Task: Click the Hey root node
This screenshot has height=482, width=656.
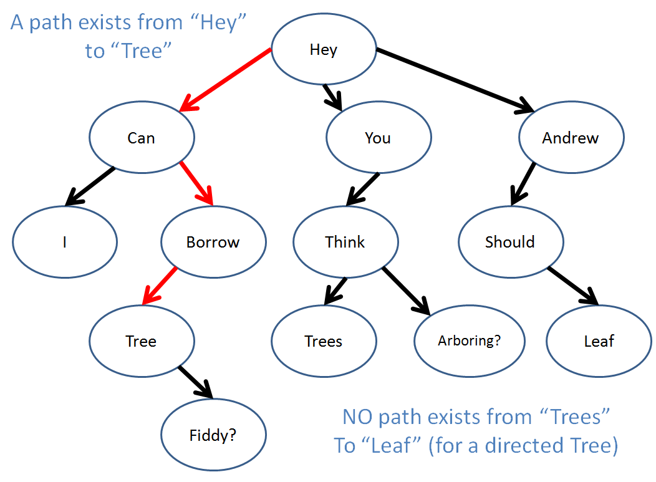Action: (x=324, y=49)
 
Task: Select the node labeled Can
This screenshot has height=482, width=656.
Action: (x=142, y=137)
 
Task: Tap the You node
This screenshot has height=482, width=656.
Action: (x=379, y=137)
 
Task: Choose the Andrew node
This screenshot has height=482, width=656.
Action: (x=571, y=137)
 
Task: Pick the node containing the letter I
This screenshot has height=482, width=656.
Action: (x=65, y=242)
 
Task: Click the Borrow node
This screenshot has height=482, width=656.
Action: (x=213, y=242)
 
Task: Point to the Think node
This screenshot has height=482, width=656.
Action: (x=345, y=242)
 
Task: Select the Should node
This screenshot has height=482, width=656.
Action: (x=511, y=242)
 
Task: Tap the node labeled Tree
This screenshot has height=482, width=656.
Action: (x=142, y=341)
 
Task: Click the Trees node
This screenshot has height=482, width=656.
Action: (x=324, y=341)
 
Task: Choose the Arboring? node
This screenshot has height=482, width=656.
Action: (x=470, y=341)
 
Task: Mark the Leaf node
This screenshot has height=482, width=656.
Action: (x=599, y=341)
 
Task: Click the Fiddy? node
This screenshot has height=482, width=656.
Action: (x=213, y=435)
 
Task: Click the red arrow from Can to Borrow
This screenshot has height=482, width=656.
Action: (x=196, y=184)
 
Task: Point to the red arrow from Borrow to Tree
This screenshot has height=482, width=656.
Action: (x=160, y=286)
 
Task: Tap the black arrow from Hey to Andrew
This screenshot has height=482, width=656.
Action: (x=455, y=80)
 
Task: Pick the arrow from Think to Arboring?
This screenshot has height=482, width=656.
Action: (x=406, y=291)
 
